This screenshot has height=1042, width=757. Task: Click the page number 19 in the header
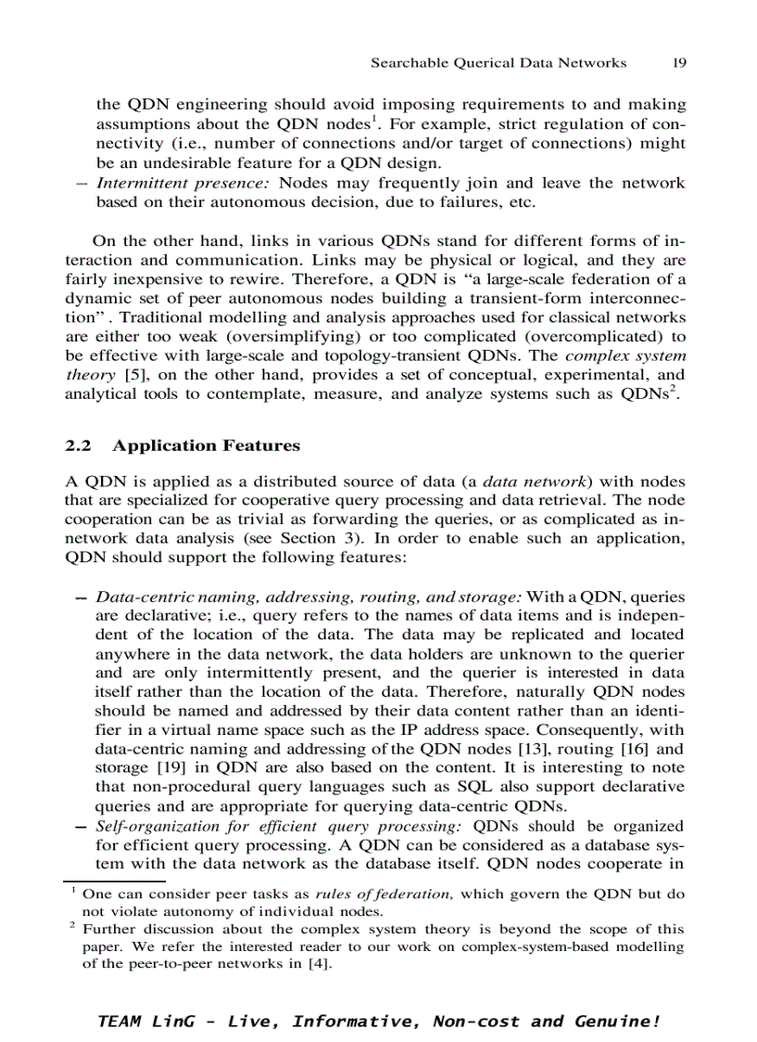679,63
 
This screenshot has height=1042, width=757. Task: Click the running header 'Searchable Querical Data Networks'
498,63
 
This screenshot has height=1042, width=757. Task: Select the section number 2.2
78,445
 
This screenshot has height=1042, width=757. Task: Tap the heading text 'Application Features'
206,445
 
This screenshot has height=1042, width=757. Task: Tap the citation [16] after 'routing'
646,749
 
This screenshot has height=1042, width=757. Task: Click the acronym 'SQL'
476,787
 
